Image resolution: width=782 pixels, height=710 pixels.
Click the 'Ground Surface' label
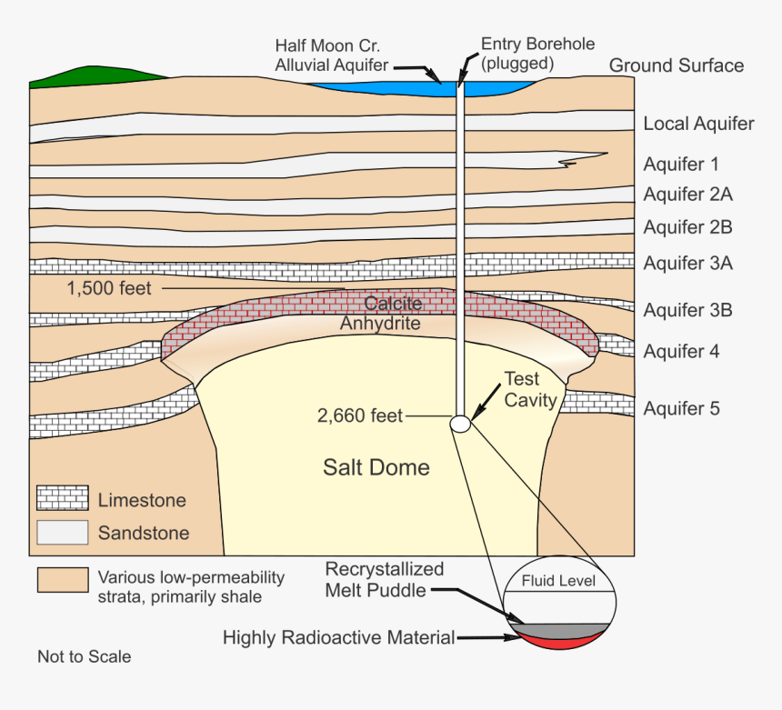point(676,65)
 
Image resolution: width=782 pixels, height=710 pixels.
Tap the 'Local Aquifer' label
point(698,124)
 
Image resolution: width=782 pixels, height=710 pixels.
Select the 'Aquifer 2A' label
point(687,194)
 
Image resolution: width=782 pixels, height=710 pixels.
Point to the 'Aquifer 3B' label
point(687,310)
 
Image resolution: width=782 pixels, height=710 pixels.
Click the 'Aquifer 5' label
point(681,408)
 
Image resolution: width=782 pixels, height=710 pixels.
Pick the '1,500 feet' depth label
point(109,289)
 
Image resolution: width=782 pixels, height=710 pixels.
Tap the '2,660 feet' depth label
point(359,416)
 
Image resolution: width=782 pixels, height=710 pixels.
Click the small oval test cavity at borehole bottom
point(461,423)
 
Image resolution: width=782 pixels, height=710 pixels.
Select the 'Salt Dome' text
point(376,468)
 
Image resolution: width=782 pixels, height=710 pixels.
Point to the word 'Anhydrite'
point(380,323)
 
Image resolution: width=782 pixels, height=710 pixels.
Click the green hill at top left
point(91,76)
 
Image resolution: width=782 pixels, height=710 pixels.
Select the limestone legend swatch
point(62,498)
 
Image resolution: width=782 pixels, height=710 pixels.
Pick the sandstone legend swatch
point(62,532)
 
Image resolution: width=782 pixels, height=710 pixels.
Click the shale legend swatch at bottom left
point(62,579)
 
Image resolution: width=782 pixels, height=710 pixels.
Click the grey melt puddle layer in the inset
point(558,629)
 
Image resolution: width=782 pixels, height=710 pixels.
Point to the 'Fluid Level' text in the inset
point(558,580)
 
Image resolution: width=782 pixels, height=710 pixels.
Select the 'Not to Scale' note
point(84,656)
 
